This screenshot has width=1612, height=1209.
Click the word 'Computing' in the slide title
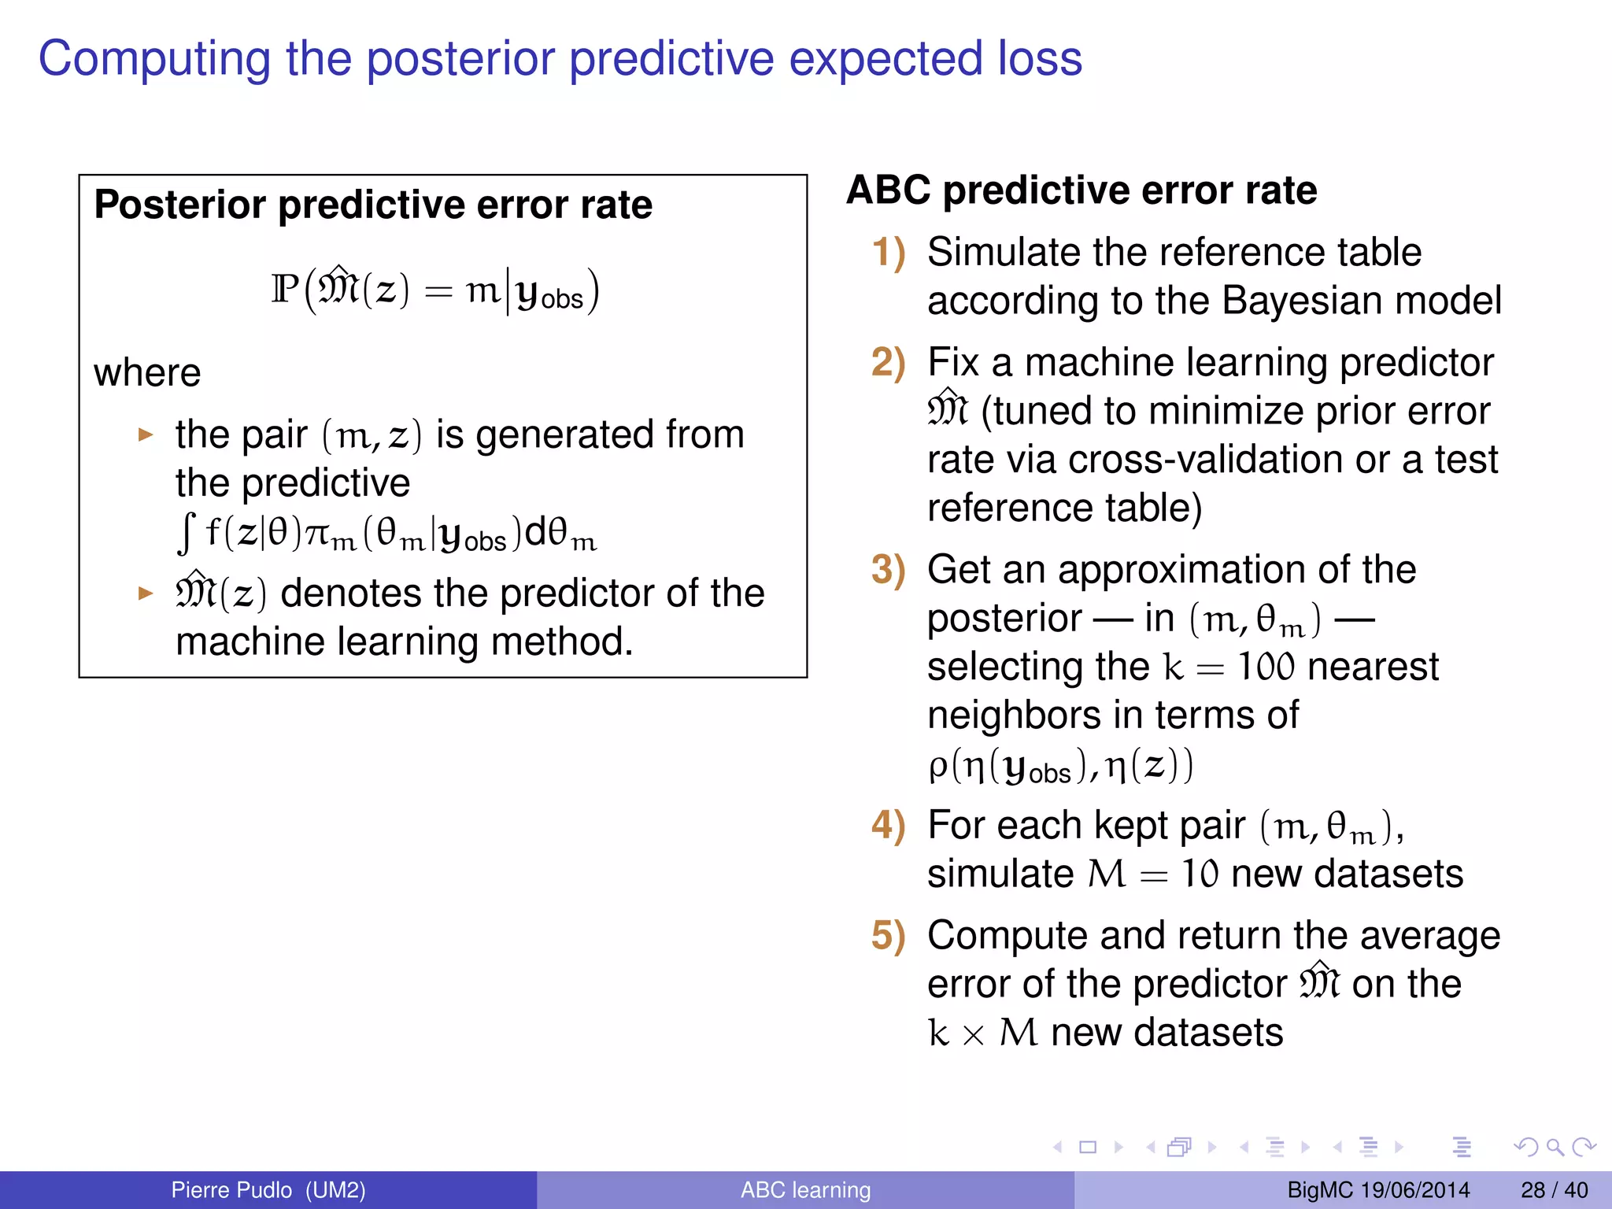153,60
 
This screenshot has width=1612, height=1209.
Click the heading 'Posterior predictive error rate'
373,205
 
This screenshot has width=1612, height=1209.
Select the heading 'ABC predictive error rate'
1081,190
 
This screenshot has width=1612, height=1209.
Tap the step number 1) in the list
889,253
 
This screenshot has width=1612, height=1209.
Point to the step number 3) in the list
889,570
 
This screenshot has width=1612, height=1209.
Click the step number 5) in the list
889,936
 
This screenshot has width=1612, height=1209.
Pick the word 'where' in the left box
147,372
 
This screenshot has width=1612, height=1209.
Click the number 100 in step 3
1266,667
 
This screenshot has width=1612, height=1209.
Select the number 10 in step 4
1200,874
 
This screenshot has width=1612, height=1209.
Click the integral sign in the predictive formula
186,533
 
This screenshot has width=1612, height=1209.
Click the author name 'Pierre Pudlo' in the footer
231,1190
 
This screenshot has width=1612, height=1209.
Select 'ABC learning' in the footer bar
805,1190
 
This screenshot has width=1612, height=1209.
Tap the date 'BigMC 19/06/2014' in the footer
1378,1190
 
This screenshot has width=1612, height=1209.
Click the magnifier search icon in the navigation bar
1555,1147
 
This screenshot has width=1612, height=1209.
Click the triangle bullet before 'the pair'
145,434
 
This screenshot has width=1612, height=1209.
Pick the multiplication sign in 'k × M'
974,1035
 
